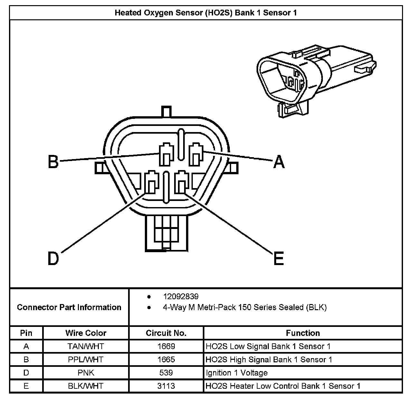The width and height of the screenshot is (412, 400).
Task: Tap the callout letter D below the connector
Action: pos(53,258)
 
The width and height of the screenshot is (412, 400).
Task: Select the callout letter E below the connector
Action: pos(279,258)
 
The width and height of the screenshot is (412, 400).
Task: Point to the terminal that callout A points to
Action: pos(196,155)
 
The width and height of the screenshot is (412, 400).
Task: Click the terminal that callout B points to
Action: pos(166,155)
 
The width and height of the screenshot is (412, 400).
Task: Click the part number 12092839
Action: pos(181,297)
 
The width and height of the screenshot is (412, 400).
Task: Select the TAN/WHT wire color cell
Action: pos(86,346)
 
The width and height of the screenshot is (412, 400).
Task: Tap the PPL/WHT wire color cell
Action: pos(86,359)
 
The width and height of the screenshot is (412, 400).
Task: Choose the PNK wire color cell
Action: pos(86,373)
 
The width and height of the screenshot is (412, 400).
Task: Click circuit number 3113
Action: pos(166,386)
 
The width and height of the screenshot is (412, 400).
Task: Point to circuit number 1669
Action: pos(166,346)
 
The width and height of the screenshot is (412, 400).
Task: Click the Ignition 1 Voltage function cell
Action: pos(237,373)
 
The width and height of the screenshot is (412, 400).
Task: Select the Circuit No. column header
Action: pos(166,333)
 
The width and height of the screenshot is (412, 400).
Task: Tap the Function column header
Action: pos(303,333)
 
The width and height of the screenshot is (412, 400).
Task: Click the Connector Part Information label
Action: pos(69,307)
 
